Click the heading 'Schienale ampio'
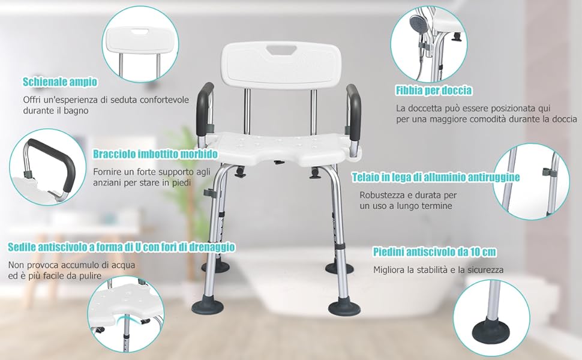[60, 82]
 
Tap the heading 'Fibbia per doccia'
[434, 90]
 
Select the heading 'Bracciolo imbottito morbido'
[155, 154]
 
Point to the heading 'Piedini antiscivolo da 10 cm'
[434, 252]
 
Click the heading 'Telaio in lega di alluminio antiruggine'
[436, 177]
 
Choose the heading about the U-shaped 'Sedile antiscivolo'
[121, 247]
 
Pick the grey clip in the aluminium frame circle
[547, 172]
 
